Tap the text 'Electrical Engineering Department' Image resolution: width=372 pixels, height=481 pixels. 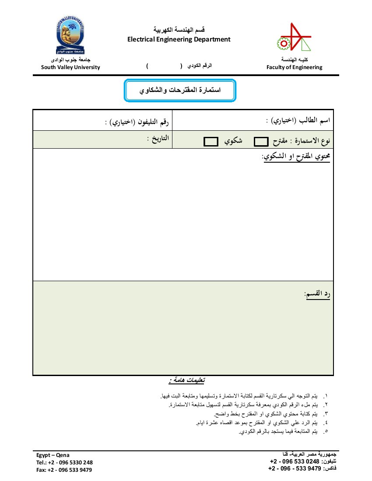(179, 39)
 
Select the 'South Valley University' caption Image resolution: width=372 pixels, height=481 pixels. (70, 67)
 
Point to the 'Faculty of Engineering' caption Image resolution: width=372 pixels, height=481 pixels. (294, 67)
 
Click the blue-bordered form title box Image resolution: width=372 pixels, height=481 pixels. (180, 91)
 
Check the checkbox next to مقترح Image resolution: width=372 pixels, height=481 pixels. (261, 142)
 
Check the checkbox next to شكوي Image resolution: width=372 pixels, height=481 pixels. (211, 142)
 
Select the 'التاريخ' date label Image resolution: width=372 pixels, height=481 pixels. (158, 139)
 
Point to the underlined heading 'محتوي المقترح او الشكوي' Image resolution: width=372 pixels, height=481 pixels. (296, 156)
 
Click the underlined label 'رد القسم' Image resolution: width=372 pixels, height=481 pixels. (317, 294)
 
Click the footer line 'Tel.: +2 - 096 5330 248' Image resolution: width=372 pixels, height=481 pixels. (64, 462)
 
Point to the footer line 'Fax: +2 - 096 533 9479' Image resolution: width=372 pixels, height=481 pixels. (64, 470)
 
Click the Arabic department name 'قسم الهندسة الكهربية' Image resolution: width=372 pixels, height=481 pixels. (179, 30)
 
